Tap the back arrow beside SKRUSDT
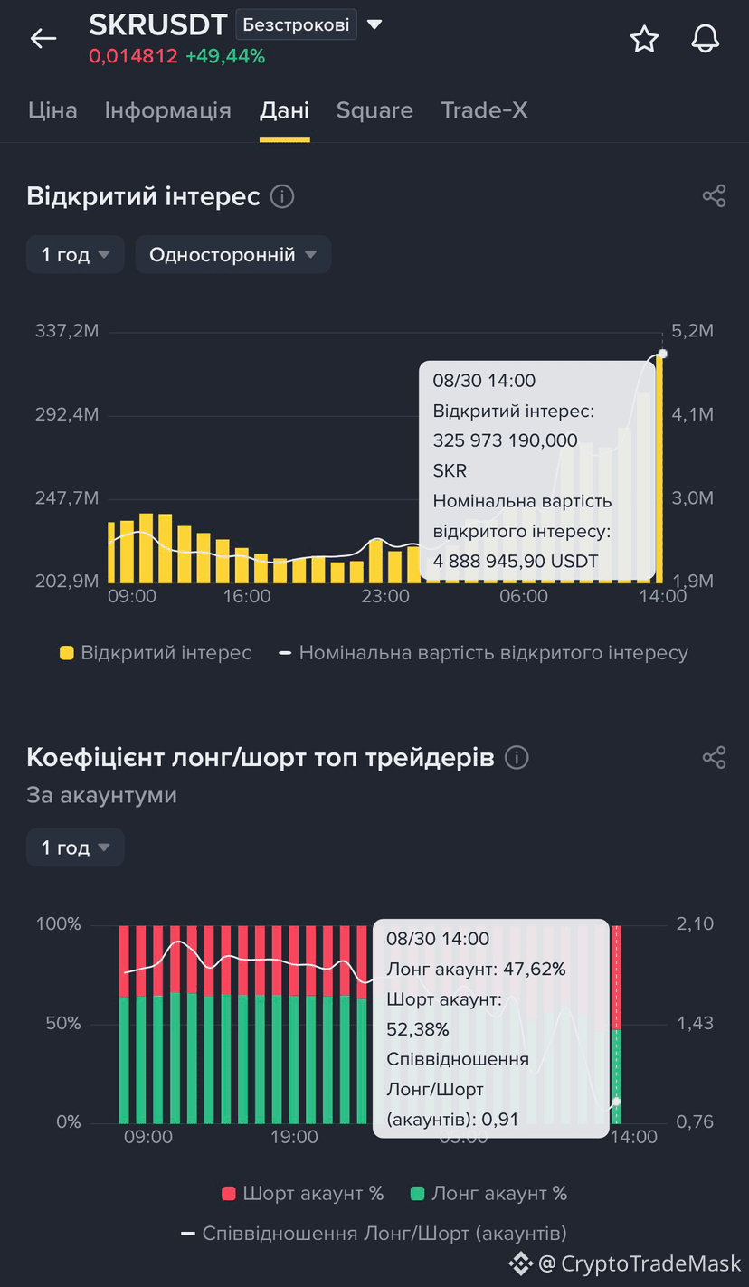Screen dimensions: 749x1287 pos(43,39)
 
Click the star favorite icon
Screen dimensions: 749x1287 pos(644,39)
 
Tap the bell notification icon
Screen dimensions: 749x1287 pos(706,39)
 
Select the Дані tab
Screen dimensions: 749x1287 pos(285,110)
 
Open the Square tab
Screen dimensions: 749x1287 pos(374,110)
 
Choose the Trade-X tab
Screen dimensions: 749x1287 pos(484,110)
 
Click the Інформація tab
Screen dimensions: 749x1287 pos(168,110)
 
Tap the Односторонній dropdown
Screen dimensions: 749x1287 pos(232,254)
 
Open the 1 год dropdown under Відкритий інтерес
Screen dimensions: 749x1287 pos(75,254)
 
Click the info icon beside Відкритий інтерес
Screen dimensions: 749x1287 pos(282,196)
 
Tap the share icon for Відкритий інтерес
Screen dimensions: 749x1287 pos(714,196)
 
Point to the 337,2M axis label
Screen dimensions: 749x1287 pos(67,331)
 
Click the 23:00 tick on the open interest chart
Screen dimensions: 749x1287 pos(385,596)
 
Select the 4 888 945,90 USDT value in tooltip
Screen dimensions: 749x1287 pos(516,562)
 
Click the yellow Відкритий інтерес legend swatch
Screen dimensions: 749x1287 pos(67,653)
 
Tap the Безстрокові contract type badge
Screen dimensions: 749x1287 pos(296,24)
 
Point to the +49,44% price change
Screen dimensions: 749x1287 pos(225,56)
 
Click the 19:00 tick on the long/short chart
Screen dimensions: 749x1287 pos(294,1137)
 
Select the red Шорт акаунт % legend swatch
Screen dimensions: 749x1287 pos(229,1193)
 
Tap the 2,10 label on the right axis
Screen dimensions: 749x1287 pos(695,924)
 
